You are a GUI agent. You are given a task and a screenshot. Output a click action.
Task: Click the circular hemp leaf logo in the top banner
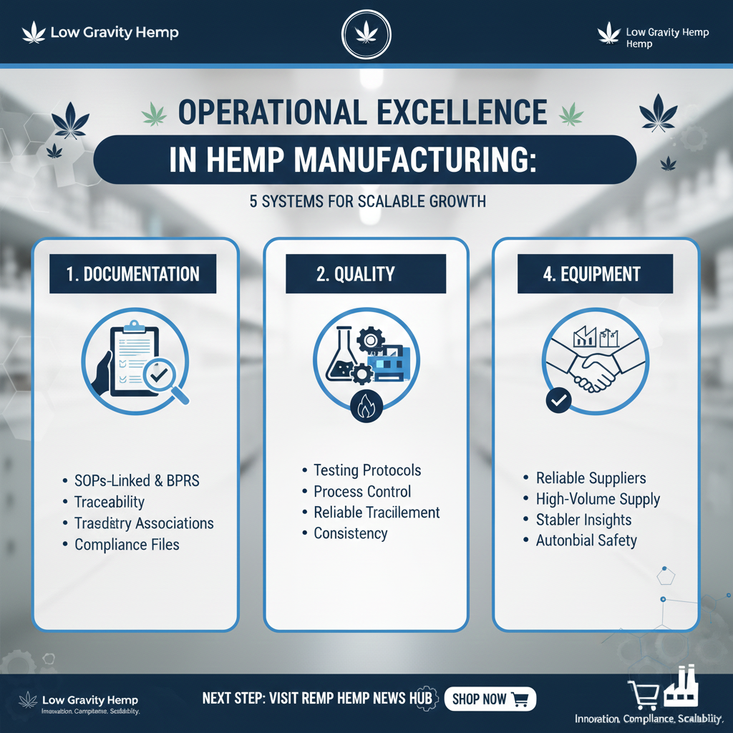click(x=366, y=34)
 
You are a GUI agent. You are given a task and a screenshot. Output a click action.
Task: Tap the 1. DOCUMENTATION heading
click(x=133, y=273)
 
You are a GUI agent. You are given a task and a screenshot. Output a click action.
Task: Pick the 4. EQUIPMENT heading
click(x=591, y=273)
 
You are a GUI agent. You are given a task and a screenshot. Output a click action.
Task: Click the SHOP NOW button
click(x=490, y=699)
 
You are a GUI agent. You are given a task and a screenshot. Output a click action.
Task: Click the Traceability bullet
click(x=109, y=502)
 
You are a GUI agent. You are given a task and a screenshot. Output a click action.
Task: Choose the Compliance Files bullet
click(x=127, y=545)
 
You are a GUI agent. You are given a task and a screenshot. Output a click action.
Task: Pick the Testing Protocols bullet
click(x=367, y=470)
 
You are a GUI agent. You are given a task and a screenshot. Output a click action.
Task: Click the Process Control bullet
click(x=362, y=492)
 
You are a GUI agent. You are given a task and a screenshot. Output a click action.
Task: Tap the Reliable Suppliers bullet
click(x=591, y=478)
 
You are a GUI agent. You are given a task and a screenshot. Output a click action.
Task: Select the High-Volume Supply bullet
click(x=598, y=499)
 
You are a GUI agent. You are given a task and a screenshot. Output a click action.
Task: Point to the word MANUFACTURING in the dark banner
click(x=412, y=160)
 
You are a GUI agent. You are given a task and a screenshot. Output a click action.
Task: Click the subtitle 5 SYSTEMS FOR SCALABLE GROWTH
click(x=367, y=201)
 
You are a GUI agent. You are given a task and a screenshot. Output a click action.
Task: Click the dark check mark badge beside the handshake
click(x=557, y=402)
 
